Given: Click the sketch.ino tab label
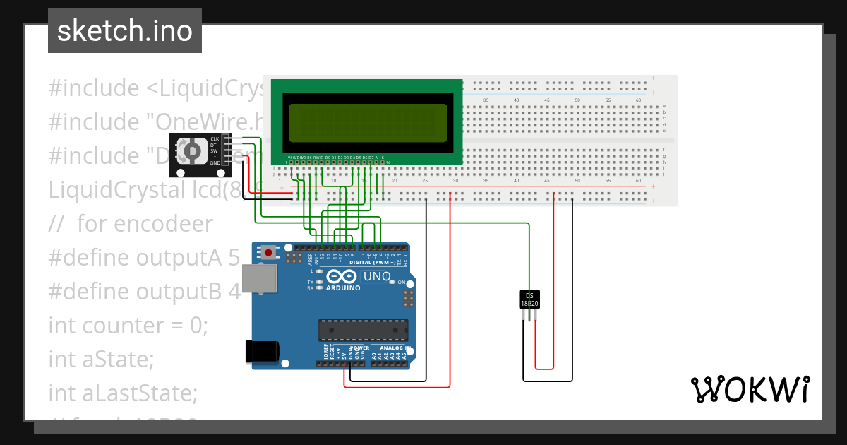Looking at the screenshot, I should click(125, 31).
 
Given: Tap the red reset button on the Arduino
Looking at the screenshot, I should click(268, 251).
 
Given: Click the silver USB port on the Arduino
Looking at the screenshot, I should click(259, 279).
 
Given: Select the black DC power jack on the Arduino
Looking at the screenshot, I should click(260, 351).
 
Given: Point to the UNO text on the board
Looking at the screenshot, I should click(376, 276).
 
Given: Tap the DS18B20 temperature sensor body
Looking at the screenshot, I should click(529, 299).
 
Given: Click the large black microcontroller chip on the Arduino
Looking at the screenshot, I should click(363, 330).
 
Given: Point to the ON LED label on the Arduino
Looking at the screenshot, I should click(401, 283).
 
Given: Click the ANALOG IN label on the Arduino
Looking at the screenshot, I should click(392, 348).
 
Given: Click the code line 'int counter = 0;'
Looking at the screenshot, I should click(128, 326).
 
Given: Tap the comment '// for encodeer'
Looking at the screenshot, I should click(131, 224).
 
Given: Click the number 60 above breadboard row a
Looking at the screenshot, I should click(638, 101).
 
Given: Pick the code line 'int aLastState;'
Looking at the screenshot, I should click(123, 393).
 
